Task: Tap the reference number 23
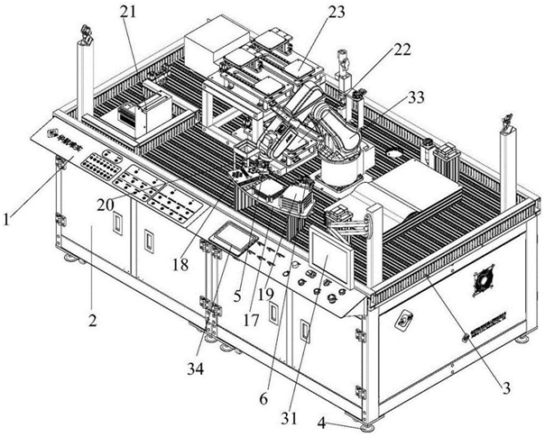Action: pos(337,13)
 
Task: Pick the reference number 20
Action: pos(106,205)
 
